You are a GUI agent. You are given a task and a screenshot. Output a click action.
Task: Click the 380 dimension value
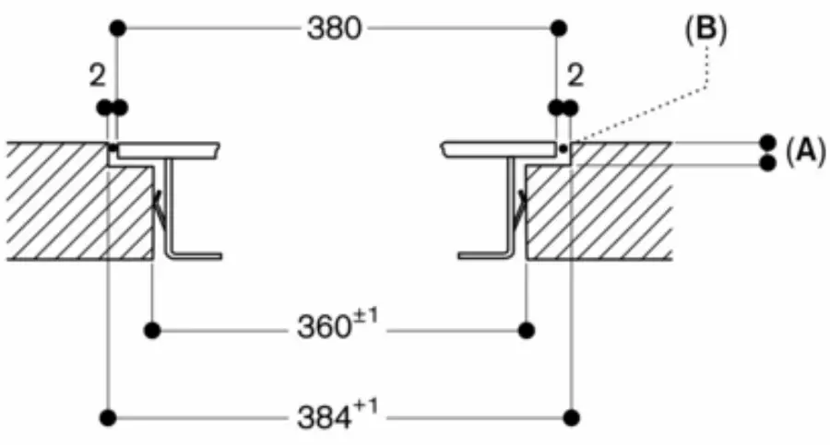point(336,29)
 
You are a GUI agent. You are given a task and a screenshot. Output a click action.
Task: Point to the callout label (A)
point(804,153)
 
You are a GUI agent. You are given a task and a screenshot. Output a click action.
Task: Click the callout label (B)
point(705,29)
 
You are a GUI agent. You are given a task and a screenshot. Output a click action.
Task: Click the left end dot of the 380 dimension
point(117,29)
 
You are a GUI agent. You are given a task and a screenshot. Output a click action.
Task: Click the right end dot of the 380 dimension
point(557,29)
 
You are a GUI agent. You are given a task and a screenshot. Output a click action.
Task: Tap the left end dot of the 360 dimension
point(153,328)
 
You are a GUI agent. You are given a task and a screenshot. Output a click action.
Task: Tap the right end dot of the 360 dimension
point(526,328)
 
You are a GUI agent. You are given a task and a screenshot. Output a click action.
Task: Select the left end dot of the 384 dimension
point(109,418)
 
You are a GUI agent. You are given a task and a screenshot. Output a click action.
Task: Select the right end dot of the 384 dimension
point(573,418)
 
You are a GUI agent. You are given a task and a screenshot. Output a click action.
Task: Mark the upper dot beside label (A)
point(766,143)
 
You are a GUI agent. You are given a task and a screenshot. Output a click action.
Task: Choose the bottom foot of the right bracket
point(483,253)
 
